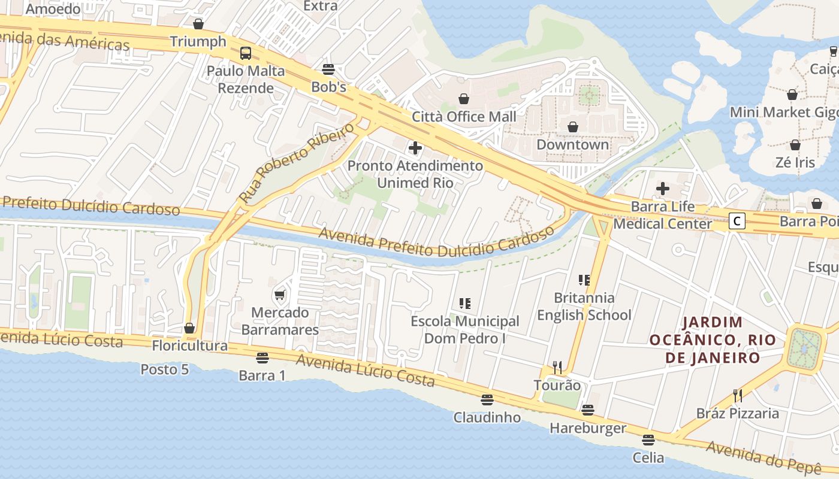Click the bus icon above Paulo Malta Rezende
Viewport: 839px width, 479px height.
pos(246,53)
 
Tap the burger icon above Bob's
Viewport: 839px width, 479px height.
pos(328,69)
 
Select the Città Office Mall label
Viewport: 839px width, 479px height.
pos(464,116)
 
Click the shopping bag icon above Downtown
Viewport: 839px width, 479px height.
pos(573,127)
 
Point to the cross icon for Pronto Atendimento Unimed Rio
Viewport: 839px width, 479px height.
pos(415,147)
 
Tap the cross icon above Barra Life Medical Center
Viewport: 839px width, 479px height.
pos(662,189)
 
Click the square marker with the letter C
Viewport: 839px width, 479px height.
pos(738,221)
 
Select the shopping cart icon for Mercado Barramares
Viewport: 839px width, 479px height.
pos(279,295)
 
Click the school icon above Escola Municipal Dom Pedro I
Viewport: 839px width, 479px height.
pos(464,304)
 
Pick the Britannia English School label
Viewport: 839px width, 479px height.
pos(584,306)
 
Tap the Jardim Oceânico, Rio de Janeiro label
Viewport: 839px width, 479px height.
pos(713,340)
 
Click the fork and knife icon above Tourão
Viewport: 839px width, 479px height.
pos(557,367)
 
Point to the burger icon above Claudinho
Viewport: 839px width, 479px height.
pos(487,399)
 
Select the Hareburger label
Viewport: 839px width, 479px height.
pos(587,428)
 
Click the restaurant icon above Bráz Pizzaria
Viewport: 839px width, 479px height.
pos(738,396)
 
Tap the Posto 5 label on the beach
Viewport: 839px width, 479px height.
pos(164,369)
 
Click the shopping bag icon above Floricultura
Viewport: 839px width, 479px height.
pos(189,328)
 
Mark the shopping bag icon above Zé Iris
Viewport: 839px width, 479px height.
pos(795,145)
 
